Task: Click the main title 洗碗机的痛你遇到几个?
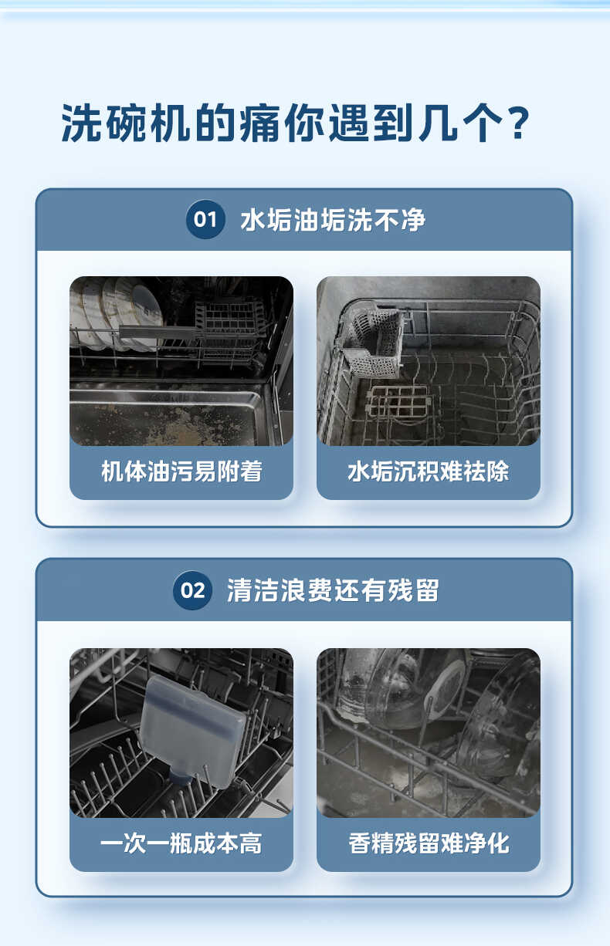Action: [x=296, y=123]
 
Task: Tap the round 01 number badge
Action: [x=205, y=220]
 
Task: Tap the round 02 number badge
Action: [x=191, y=591]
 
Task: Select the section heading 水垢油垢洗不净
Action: [x=333, y=220]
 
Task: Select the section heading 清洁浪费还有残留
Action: [x=333, y=591]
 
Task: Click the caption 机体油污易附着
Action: [x=181, y=471]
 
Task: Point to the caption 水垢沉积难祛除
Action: [x=428, y=471]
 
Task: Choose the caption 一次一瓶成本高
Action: [x=181, y=843]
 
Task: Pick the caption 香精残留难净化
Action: [x=428, y=843]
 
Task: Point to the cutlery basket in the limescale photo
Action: [x=372, y=340]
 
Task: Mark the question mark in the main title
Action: [x=519, y=123]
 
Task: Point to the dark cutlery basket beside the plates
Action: [x=228, y=320]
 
